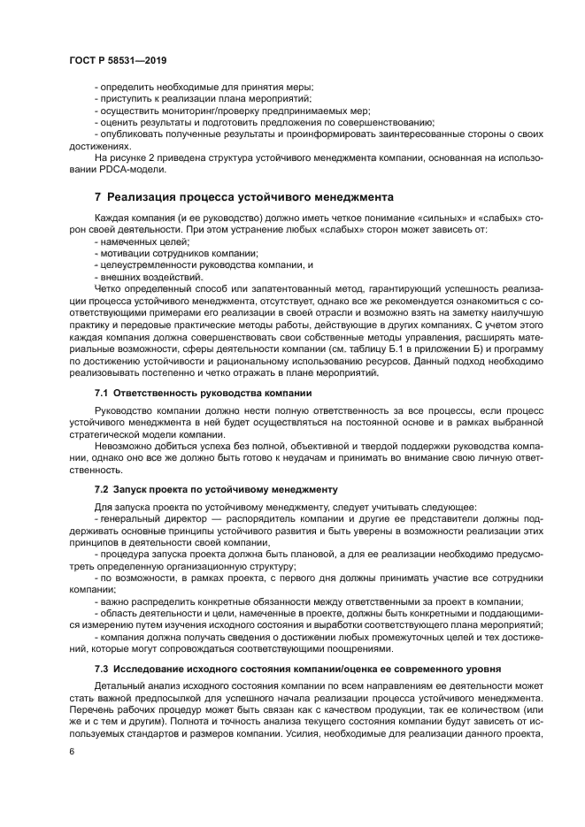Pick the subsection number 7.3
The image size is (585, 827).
coord(101,668)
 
